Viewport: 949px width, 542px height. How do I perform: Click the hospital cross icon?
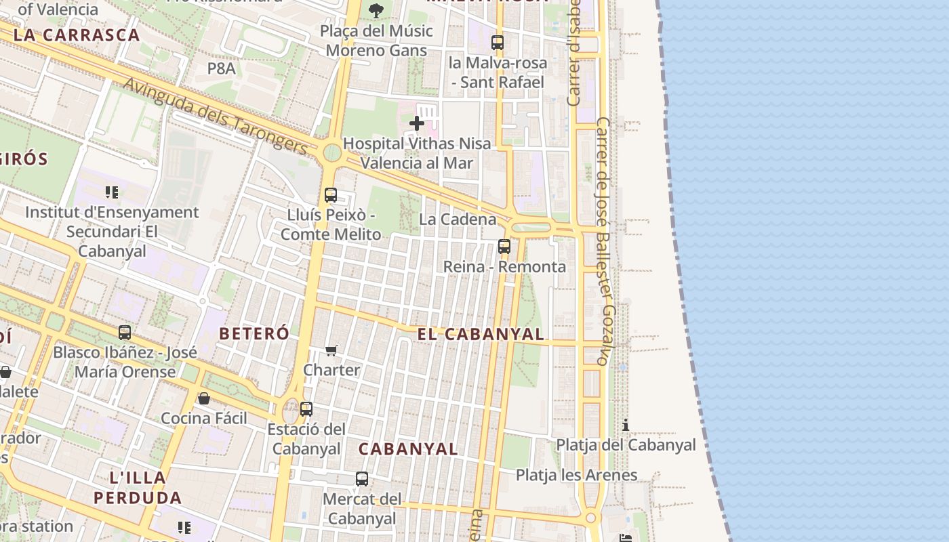pos(417,123)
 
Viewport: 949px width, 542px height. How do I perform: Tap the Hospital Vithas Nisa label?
pos(416,153)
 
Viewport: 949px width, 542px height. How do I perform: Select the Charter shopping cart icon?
pos(331,350)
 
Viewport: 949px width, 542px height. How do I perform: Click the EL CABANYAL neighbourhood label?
pos(481,334)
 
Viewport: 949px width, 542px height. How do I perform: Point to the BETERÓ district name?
pos(254,333)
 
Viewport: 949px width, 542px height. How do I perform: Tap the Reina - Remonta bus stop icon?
pos(504,247)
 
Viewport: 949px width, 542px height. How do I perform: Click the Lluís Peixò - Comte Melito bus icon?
pos(331,195)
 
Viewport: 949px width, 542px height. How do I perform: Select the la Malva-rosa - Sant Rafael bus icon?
pos(498,43)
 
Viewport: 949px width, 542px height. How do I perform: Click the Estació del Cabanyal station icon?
pos(306,409)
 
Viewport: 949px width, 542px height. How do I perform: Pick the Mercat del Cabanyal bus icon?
pos(362,479)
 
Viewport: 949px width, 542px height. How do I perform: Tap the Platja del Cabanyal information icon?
pos(626,425)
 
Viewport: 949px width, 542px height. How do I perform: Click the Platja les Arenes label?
pos(576,475)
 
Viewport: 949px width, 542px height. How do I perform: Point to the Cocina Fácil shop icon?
pos(204,398)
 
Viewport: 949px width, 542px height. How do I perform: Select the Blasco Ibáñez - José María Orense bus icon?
pos(125,333)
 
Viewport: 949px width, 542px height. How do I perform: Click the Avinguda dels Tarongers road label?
pos(216,114)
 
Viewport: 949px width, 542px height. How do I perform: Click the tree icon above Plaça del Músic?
pos(376,11)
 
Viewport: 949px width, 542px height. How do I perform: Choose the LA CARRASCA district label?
pos(77,35)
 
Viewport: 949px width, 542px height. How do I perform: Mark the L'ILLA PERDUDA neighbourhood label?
pos(138,488)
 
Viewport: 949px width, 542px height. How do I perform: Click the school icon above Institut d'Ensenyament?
pos(112,192)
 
